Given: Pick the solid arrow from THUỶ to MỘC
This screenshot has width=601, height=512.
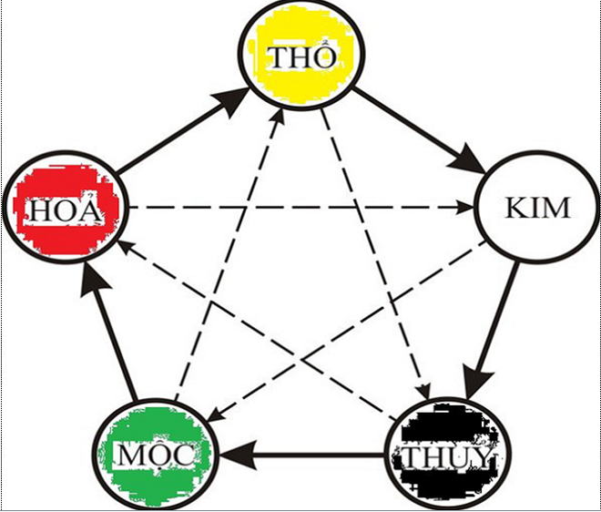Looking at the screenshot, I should click(300, 454).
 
